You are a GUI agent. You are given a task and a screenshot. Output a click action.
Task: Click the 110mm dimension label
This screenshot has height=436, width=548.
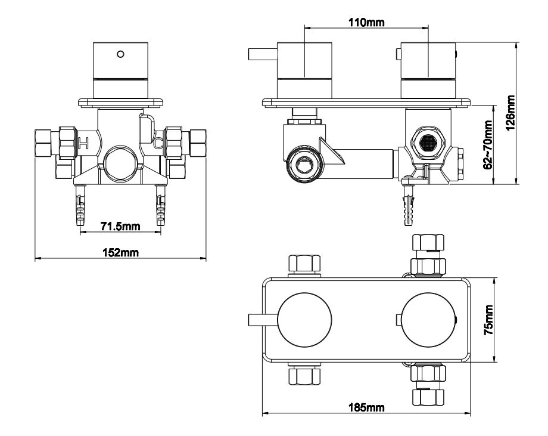point(366,23)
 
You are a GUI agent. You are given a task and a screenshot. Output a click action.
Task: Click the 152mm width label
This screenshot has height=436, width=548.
point(120,252)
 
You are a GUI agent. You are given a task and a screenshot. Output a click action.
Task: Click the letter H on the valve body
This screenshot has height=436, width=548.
point(83,143)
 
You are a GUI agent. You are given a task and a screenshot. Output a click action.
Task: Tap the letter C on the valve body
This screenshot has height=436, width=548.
point(157,143)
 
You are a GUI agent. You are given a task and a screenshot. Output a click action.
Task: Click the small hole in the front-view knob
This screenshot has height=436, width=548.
point(122,54)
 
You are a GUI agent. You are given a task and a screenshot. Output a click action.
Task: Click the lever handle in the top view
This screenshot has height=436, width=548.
point(263,320)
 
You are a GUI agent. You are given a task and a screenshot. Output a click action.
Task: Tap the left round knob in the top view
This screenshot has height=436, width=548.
point(304,320)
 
